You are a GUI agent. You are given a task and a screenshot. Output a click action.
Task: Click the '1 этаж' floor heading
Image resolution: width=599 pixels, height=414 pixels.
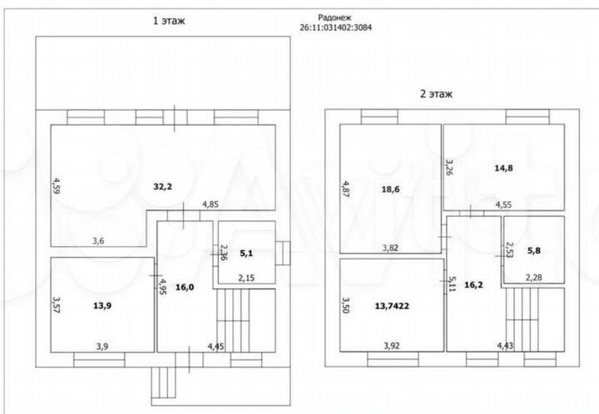pos(168,22)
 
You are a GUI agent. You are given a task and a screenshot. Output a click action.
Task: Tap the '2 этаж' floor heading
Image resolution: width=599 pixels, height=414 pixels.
pos(436,94)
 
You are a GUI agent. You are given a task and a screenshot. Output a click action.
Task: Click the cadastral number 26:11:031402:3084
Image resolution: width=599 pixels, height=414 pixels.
pos(335,27)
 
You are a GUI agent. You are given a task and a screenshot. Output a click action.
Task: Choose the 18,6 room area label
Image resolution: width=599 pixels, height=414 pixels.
pos(390,190)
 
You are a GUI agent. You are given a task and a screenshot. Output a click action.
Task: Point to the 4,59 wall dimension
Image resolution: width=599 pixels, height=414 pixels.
pos(56,185)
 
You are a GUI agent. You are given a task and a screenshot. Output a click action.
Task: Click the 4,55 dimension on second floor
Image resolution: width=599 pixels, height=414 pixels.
pos(504,204)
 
